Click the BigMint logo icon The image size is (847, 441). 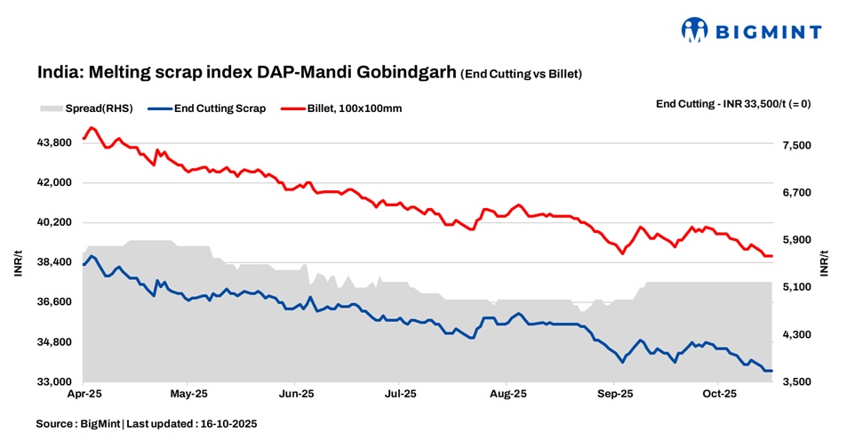[x=694, y=29]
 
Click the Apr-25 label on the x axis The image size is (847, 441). [x=84, y=392]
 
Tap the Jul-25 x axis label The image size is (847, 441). [x=400, y=392]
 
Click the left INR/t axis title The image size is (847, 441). [x=18, y=263]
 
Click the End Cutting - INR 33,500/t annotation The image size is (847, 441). [x=732, y=104]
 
